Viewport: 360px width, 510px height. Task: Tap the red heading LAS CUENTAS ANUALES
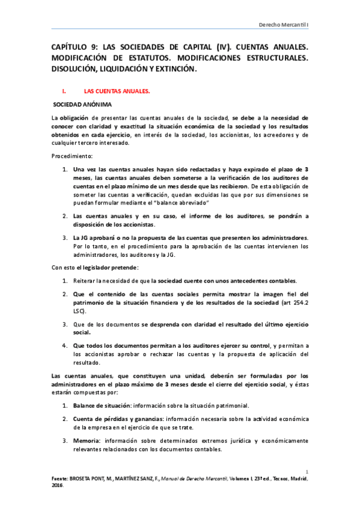pyautogui.click(x=117, y=91)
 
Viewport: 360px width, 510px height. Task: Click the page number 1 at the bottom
pyautogui.click(x=307, y=472)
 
